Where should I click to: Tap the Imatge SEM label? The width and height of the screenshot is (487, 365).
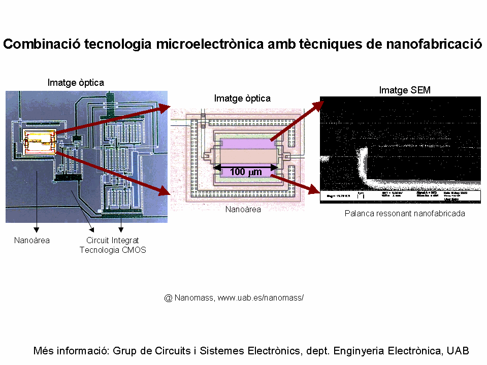pyautogui.click(x=405, y=90)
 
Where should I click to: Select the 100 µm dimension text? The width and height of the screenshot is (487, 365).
pyautogui.click(x=246, y=172)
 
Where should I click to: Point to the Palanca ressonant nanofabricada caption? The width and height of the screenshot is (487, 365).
pyautogui.click(x=405, y=214)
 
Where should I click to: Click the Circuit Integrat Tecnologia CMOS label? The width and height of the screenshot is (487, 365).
pyautogui.click(x=113, y=245)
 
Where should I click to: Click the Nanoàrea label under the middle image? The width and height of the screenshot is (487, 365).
pyautogui.click(x=243, y=209)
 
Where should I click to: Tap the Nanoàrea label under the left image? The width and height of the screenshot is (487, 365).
pyautogui.click(x=32, y=240)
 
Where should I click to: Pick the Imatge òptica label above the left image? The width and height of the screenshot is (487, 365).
pyautogui.click(x=76, y=82)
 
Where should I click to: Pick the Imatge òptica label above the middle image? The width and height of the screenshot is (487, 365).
pyautogui.click(x=242, y=98)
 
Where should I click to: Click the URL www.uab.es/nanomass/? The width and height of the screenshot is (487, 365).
pyautogui.click(x=261, y=297)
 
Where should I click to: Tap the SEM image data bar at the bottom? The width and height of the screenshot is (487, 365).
pyautogui.click(x=401, y=196)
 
